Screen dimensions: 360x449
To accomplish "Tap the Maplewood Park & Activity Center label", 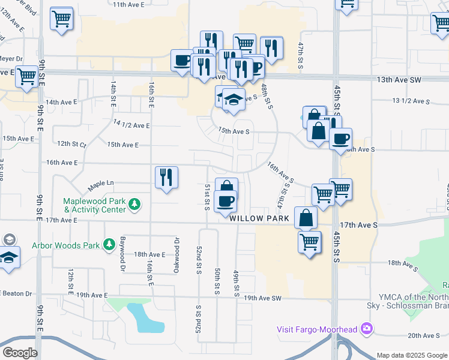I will [x=96, y=205].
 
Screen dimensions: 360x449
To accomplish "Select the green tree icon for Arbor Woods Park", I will [x=109, y=244].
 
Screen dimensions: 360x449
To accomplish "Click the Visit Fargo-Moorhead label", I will [x=316, y=329].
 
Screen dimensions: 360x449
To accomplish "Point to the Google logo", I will [x=20, y=353].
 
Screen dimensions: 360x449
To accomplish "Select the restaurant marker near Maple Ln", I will [x=165, y=178].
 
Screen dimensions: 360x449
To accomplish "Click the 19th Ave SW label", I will [x=262, y=298].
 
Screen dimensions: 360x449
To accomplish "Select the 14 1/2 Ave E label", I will [x=131, y=125].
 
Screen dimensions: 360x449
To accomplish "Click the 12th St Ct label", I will [x=72, y=145].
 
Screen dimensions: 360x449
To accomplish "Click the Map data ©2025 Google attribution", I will [x=411, y=355].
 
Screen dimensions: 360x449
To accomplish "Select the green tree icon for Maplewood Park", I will [x=136, y=205].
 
